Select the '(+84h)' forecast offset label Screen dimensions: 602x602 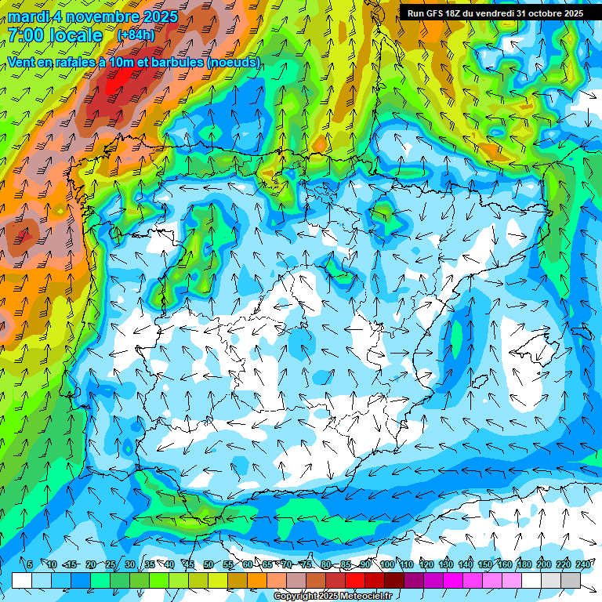tap(136, 35)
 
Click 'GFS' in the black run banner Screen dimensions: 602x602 tap(438, 13)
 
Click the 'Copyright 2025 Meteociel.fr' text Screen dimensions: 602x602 tap(332, 597)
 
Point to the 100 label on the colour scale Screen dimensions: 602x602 tap(387, 564)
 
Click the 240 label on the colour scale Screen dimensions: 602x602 tap(583, 564)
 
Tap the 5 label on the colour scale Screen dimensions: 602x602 tap(30, 564)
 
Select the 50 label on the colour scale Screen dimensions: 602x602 tap(209, 564)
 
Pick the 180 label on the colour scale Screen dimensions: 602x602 tap(524, 564)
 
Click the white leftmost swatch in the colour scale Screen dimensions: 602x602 tap(22, 580)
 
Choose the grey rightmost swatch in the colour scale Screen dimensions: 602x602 tap(571, 580)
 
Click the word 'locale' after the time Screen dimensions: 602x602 tap(75, 35)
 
